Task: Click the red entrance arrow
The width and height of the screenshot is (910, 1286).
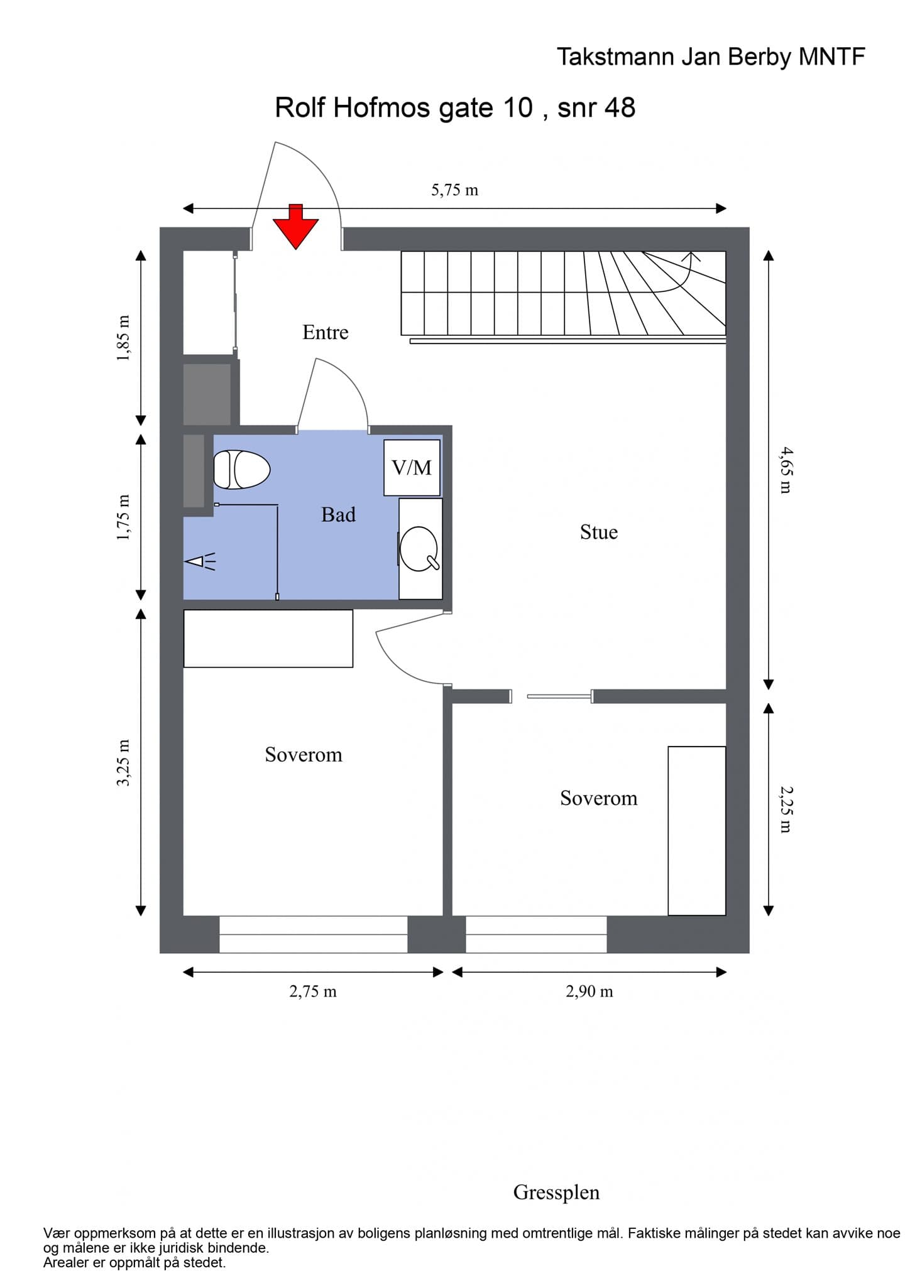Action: (x=295, y=226)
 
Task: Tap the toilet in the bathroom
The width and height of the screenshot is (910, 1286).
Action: (x=242, y=469)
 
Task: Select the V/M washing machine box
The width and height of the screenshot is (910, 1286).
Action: (x=412, y=468)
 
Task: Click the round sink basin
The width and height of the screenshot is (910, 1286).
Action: (x=419, y=549)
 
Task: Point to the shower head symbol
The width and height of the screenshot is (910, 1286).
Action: (x=200, y=561)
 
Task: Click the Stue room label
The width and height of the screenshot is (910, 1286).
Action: (x=599, y=532)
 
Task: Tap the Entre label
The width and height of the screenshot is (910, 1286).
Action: (x=326, y=332)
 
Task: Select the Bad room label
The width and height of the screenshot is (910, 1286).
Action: (x=339, y=515)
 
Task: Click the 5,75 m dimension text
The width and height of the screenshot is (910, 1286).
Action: (x=455, y=190)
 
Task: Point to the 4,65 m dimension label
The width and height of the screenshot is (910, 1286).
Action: (x=786, y=470)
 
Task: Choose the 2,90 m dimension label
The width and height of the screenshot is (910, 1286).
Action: (x=589, y=992)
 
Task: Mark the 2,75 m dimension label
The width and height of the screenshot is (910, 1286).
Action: (x=313, y=992)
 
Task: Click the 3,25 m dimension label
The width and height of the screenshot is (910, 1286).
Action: (x=124, y=762)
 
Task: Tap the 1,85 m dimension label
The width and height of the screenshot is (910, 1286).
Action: (x=124, y=338)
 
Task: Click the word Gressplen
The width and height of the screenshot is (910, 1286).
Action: (x=557, y=1192)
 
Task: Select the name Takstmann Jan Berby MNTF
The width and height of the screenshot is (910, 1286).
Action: (x=711, y=57)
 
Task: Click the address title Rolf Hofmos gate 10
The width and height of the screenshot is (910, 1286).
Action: (x=404, y=107)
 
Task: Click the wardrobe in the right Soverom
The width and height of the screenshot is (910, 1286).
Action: (x=697, y=831)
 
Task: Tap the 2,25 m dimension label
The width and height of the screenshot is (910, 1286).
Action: (x=786, y=809)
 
